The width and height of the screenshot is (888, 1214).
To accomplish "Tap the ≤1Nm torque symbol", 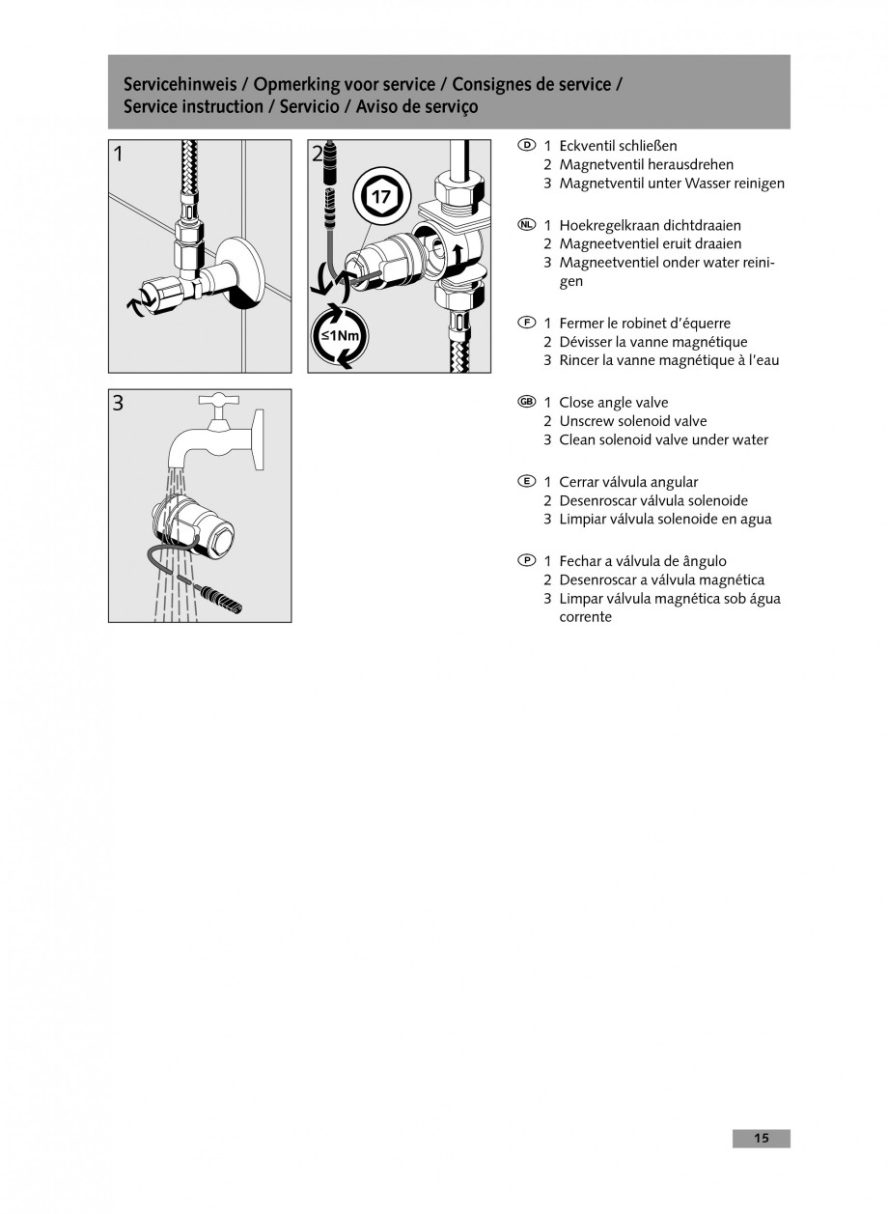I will pos(339,335).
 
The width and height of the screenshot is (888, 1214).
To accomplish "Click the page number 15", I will pos(761,1139).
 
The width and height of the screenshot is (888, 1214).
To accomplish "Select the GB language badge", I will pos(526,402).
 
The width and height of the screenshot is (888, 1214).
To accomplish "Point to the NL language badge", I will pos(526,225).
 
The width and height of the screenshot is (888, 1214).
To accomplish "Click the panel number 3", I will pos(118,403).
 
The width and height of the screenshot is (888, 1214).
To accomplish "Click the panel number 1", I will pos(118,154).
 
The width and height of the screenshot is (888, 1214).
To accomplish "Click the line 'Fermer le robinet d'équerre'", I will pos(645,324).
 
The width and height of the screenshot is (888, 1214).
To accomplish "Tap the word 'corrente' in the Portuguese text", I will pos(585,616).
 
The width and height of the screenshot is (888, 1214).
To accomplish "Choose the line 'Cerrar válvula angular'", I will pos(628,482).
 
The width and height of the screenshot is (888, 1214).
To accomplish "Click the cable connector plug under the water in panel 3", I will pos(224,599).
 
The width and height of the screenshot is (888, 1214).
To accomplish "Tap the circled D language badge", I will pos(526,145).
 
